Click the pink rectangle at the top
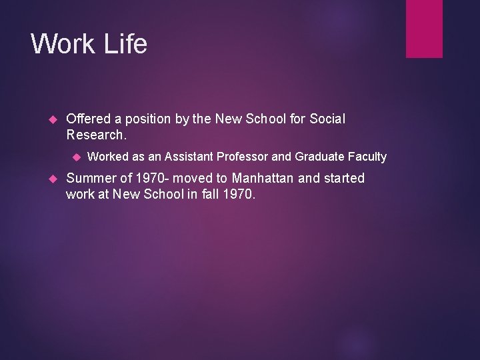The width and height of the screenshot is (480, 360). tap(424, 28)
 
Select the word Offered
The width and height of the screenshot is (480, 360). tap(90, 119)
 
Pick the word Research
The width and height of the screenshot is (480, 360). tap(95, 135)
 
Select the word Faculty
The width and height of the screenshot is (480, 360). tap(365, 157)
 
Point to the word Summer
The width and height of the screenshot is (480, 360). tap(90, 178)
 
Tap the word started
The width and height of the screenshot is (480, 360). tap(343, 178)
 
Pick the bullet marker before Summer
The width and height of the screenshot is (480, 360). tap(55, 179)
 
